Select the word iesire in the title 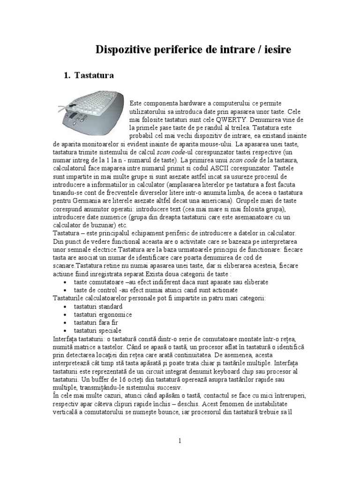coord(276,49)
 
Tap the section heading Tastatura coord(93,75)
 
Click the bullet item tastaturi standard coord(98,306)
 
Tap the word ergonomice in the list coord(115,315)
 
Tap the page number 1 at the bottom coord(180,441)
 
